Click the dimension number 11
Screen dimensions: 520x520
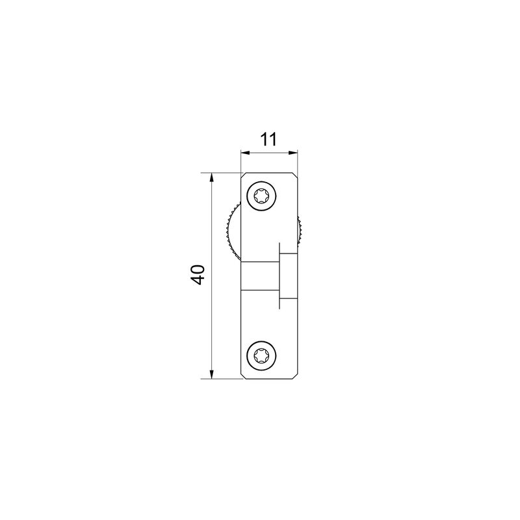(x=268, y=139)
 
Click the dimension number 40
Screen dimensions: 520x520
(x=198, y=275)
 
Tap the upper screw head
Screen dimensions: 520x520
(x=261, y=196)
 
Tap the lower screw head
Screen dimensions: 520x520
(x=261, y=356)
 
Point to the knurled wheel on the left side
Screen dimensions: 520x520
(x=232, y=232)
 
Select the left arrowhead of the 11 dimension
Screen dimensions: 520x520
(x=246, y=153)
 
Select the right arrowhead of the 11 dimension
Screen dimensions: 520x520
(x=293, y=153)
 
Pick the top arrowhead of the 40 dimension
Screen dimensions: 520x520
(x=211, y=177)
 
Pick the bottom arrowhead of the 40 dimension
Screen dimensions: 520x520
(x=211, y=374)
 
